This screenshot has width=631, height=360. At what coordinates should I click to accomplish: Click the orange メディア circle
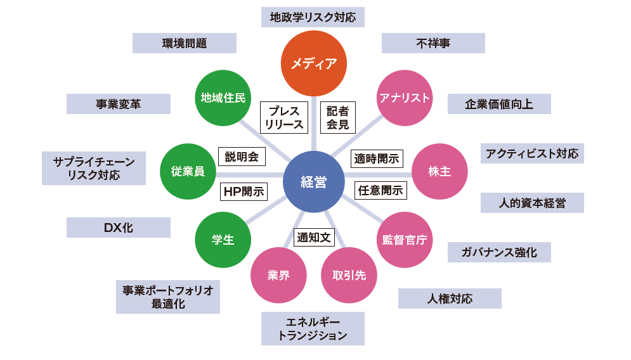click(314, 63)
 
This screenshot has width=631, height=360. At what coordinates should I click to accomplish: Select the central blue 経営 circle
click(314, 182)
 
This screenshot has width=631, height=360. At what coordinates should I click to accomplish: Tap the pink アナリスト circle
click(405, 98)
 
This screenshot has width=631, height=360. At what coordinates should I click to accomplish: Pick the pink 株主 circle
click(439, 172)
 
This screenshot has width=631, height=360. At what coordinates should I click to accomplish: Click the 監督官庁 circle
click(405, 240)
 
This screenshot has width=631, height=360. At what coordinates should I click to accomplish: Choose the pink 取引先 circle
click(349, 275)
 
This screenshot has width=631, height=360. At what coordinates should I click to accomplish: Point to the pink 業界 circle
click(279, 275)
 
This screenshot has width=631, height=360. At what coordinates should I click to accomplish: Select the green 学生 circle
click(223, 240)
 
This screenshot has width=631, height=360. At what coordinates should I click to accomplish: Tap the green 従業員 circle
click(188, 172)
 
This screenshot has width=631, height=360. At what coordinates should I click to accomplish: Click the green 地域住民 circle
click(223, 98)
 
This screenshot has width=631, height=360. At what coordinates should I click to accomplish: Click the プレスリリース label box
click(284, 117)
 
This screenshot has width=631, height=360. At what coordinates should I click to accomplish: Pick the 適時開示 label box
click(377, 158)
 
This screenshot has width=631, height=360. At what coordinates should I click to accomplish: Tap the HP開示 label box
click(244, 191)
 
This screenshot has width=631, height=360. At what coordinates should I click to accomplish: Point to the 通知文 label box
click(314, 238)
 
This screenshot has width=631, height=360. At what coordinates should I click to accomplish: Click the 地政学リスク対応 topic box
click(313, 17)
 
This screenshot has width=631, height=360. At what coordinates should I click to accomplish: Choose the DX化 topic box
click(119, 228)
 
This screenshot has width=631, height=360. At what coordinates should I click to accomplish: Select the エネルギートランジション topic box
click(313, 328)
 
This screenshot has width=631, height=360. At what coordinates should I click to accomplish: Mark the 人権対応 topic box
click(450, 299)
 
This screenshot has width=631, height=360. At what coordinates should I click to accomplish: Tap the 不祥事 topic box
click(433, 43)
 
